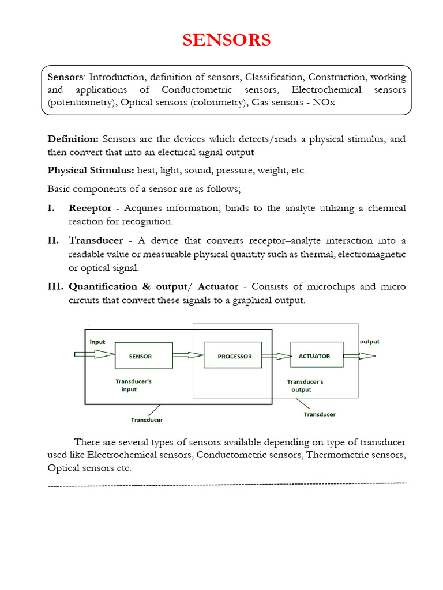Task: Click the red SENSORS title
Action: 227,40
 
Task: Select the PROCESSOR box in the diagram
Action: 234,356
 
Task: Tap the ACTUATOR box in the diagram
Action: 314,355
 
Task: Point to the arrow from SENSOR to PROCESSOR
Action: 188,356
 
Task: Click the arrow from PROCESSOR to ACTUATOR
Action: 276,356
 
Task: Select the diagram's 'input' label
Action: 97,342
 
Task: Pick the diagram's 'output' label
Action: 370,341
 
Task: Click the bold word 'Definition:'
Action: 73,139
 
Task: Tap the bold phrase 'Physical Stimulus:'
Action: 91,170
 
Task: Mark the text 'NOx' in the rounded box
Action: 325,103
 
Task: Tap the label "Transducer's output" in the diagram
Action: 305,385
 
